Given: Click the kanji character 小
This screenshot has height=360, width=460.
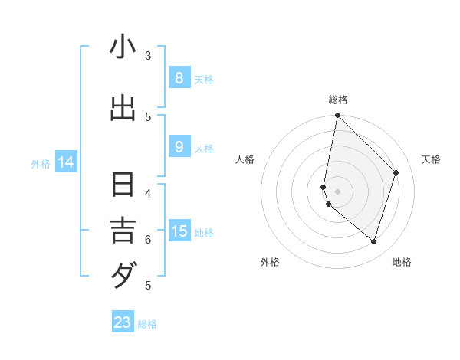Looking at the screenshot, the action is (123, 48).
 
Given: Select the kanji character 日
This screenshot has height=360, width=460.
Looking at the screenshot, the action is (123, 186).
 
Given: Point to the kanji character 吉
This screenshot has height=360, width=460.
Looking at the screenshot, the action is (123, 230).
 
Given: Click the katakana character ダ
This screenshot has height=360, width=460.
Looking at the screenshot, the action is (123, 274).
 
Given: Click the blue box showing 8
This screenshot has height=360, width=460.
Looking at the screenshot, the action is (179, 77).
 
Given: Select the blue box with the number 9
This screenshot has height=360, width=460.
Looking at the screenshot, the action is (179, 147).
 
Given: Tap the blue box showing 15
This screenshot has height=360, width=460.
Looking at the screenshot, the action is (179, 231).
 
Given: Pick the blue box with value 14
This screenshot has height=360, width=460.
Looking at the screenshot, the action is (66, 162).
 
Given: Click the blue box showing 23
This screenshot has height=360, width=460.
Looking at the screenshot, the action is (123, 322).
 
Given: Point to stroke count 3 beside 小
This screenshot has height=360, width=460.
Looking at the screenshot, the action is (148, 55).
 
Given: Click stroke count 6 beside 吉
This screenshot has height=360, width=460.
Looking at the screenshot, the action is (148, 239).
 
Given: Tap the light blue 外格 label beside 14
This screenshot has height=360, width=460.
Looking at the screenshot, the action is (41, 163).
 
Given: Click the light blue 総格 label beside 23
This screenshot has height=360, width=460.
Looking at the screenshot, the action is (147, 324).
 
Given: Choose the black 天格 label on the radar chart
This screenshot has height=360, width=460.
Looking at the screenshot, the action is (431, 159).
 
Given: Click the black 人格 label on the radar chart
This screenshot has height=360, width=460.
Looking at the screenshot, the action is (245, 159).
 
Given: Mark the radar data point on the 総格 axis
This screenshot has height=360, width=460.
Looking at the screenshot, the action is (337, 115).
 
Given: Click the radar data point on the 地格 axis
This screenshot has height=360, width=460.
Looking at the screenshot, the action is (373, 241).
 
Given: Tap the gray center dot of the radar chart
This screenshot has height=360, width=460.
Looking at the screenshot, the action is (337, 191).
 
